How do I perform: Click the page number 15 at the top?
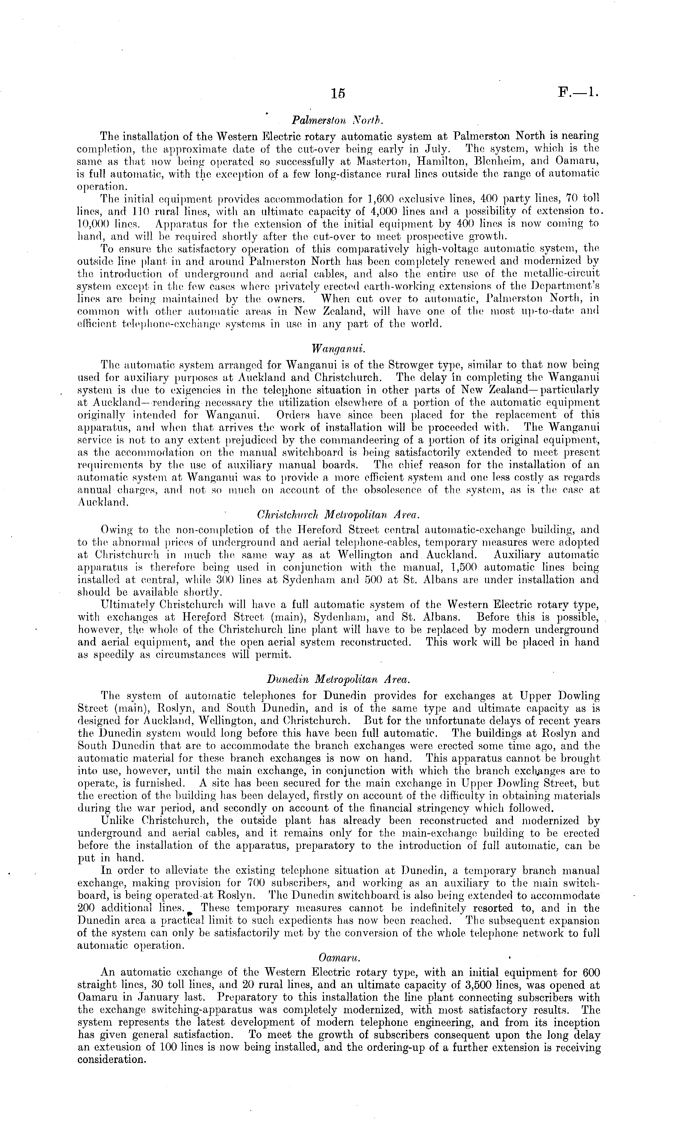coord(339,93)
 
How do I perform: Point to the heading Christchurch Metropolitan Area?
coord(338,515)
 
